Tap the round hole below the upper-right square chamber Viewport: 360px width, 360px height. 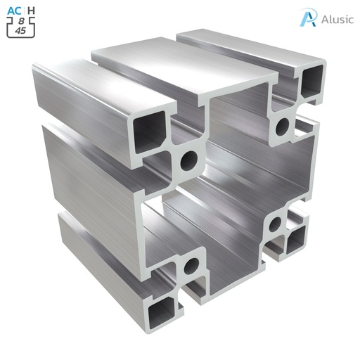[x=283, y=127]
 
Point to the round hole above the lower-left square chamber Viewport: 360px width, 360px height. [x=190, y=266]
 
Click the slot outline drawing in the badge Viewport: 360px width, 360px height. [x=21, y=27]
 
